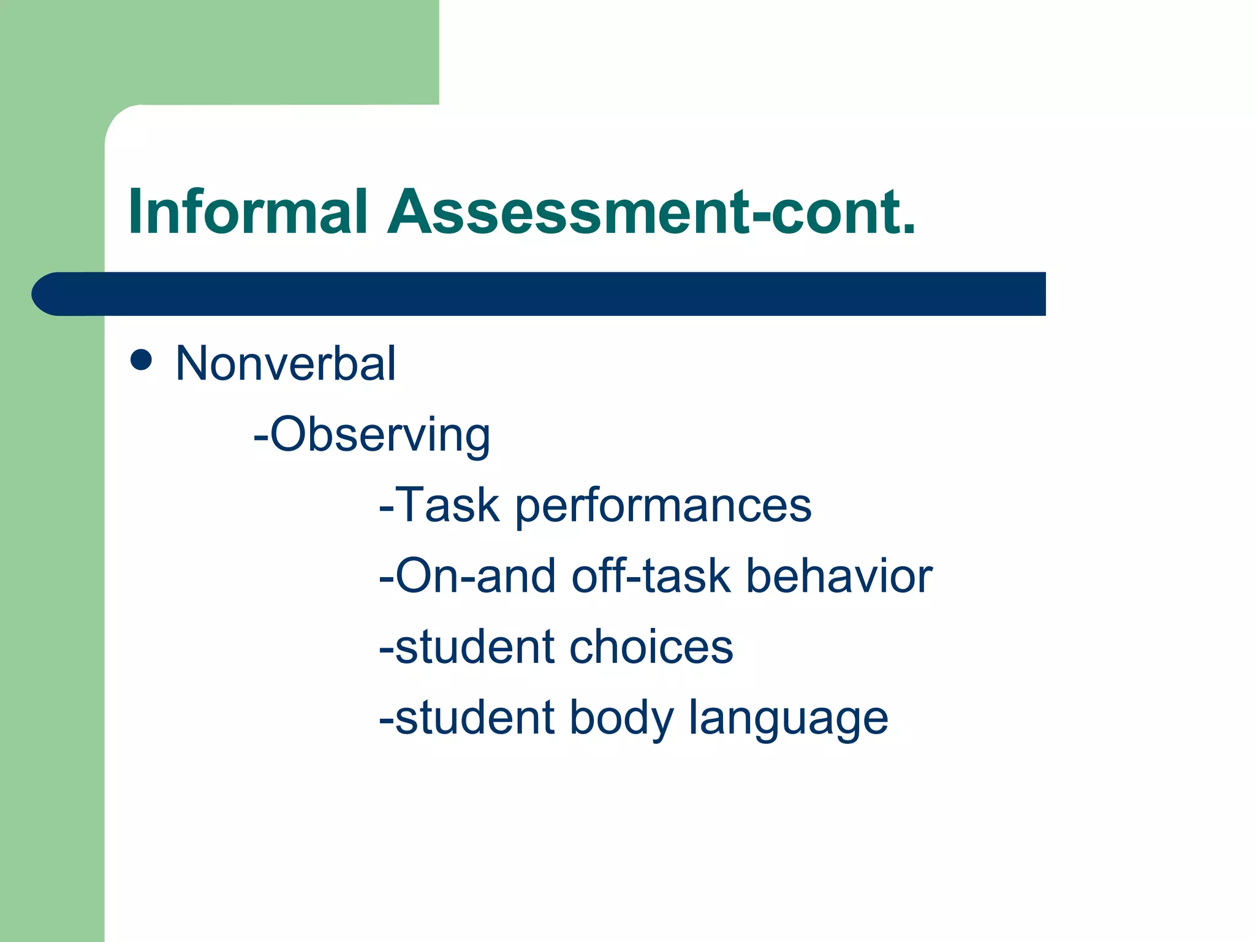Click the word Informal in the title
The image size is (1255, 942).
248,212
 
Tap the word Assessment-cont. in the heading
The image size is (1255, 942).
651,212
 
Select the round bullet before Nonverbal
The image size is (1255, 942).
141,360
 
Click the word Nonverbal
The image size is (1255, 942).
286,364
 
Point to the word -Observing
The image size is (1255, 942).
372,435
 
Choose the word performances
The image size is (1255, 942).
663,507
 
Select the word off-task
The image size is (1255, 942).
651,576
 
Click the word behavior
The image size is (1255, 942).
839,576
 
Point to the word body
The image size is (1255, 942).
621,719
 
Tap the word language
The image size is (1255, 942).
788,719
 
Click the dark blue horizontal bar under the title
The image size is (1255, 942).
552,294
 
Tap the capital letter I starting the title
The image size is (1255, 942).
135,212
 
